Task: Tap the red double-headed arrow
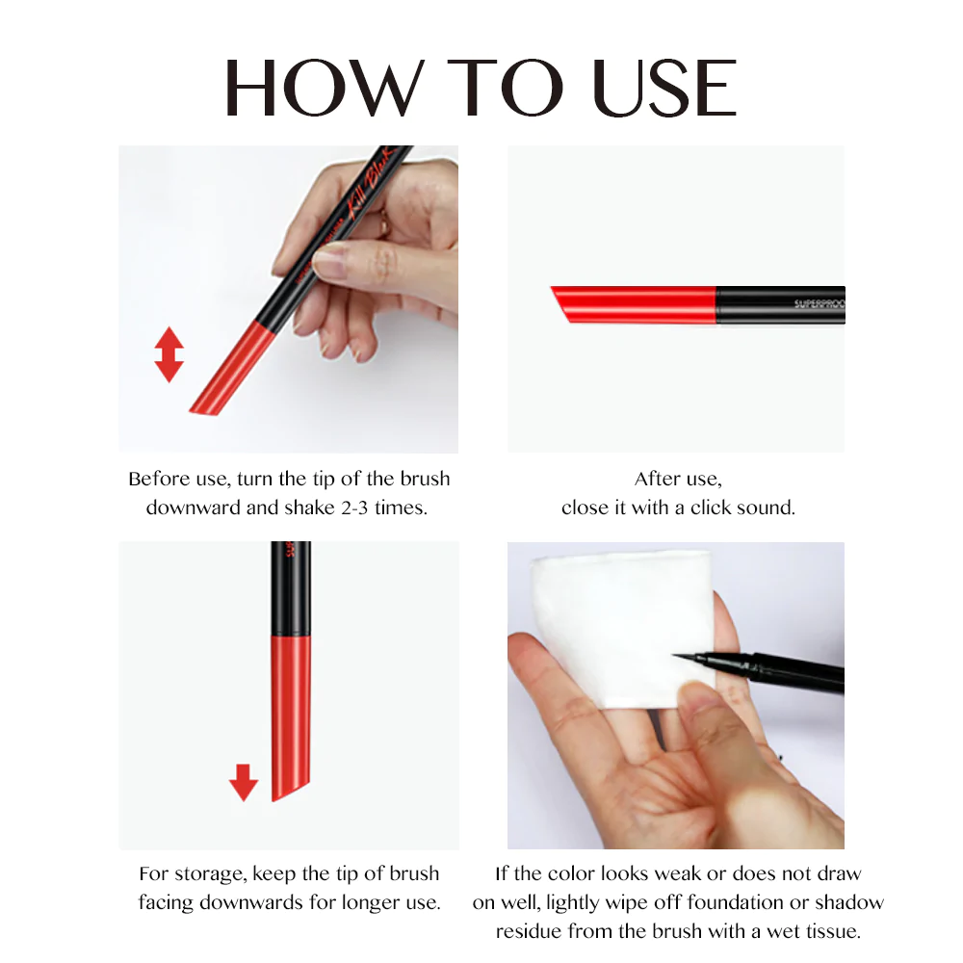(x=169, y=354)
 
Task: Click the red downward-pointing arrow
(x=244, y=782)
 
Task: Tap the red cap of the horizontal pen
(x=636, y=303)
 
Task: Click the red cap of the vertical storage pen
(x=291, y=713)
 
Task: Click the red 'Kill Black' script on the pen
(x=369, y=193)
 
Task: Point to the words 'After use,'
(x=678, y=479)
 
